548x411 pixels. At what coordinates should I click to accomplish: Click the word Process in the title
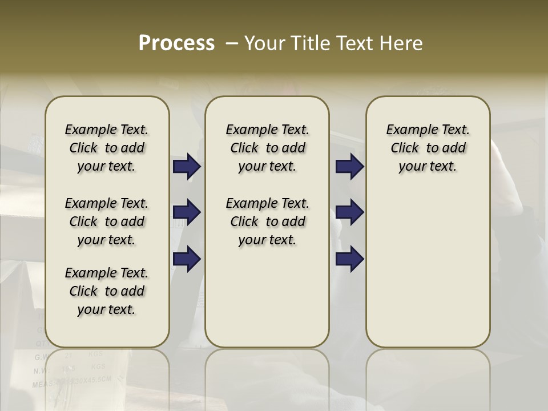click(x=176, y=43)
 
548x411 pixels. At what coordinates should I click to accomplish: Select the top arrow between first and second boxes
click(x=187, y=167)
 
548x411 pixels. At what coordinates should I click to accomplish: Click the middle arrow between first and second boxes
click(x=187, y=212)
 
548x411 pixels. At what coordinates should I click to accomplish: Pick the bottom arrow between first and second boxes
click(x=187, y=259)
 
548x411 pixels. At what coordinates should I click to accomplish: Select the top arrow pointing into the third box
click(x=349, y=167)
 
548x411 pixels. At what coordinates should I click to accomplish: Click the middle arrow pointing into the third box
click(x=349, y=212)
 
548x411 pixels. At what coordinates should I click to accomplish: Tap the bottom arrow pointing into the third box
click(x=349, y=259)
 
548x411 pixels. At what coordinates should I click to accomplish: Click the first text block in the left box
click(x=107, y=148)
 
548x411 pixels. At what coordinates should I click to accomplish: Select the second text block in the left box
click(x=107, y=221)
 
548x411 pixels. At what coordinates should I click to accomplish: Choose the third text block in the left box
click(x=107, y=291)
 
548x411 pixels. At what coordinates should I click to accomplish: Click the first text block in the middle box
click(x=267, y=148)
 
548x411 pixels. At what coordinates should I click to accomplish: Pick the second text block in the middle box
click(x=267, y=221)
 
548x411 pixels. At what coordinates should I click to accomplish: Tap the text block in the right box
click(x=428, y=148)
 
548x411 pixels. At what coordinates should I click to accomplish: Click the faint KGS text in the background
click(x=98, y=366)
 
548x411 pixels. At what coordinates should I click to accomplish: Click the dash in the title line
click(x=232, y=43)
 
